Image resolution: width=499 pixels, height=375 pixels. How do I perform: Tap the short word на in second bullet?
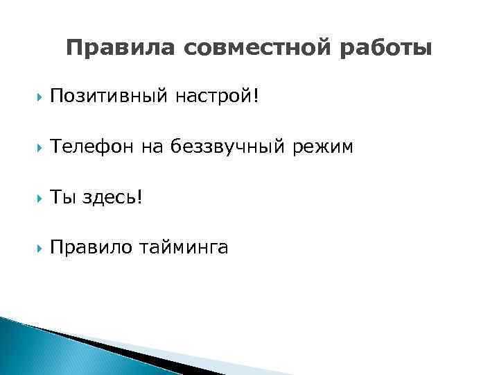(152, 147)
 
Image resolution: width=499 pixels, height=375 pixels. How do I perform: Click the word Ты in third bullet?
(62, 197)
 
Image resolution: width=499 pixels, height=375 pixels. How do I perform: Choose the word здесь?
(112, 197)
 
